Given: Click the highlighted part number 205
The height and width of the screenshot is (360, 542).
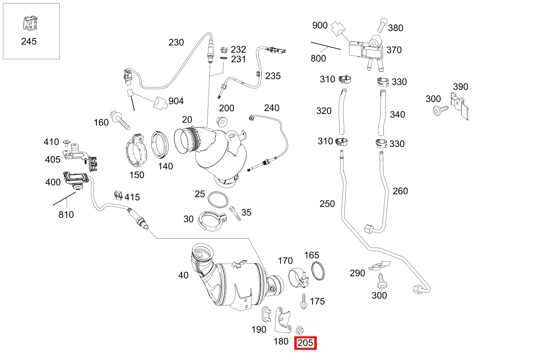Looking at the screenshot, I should [306, 343].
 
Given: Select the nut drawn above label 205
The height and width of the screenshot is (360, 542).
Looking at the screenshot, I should [299, 330].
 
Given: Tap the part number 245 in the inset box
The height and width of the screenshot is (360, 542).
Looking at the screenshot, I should [29, 41].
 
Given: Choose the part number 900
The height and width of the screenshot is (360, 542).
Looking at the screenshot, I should [320, 25].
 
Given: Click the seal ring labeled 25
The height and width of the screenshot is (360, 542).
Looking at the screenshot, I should [218, 199].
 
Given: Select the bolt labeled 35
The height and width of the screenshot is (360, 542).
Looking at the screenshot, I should [235, 213].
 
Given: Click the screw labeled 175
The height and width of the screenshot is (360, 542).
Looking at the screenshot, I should [304, 301].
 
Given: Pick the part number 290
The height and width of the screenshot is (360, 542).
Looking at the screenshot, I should [357, 273].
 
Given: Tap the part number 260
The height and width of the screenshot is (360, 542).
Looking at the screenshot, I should [400, 191].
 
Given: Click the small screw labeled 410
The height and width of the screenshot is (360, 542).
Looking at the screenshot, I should [66, 142].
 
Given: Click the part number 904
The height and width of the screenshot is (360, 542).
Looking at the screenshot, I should [176, 101].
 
